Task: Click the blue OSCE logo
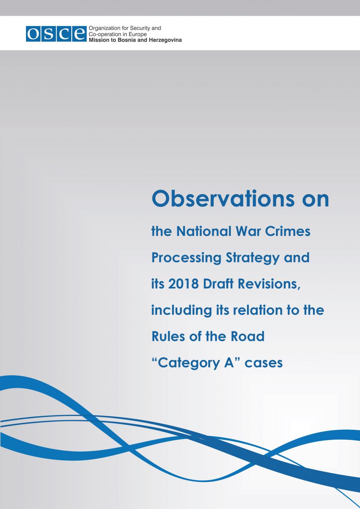56,34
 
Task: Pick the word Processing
187,258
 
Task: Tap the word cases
263,363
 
